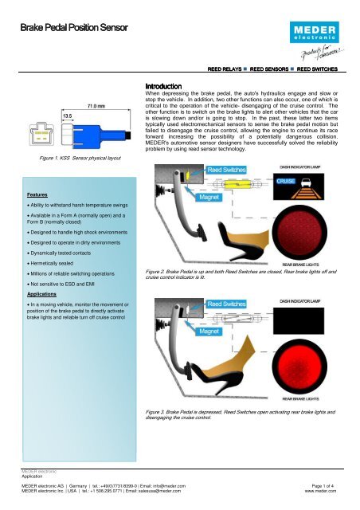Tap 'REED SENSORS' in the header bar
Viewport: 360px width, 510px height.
click(273, 69)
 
